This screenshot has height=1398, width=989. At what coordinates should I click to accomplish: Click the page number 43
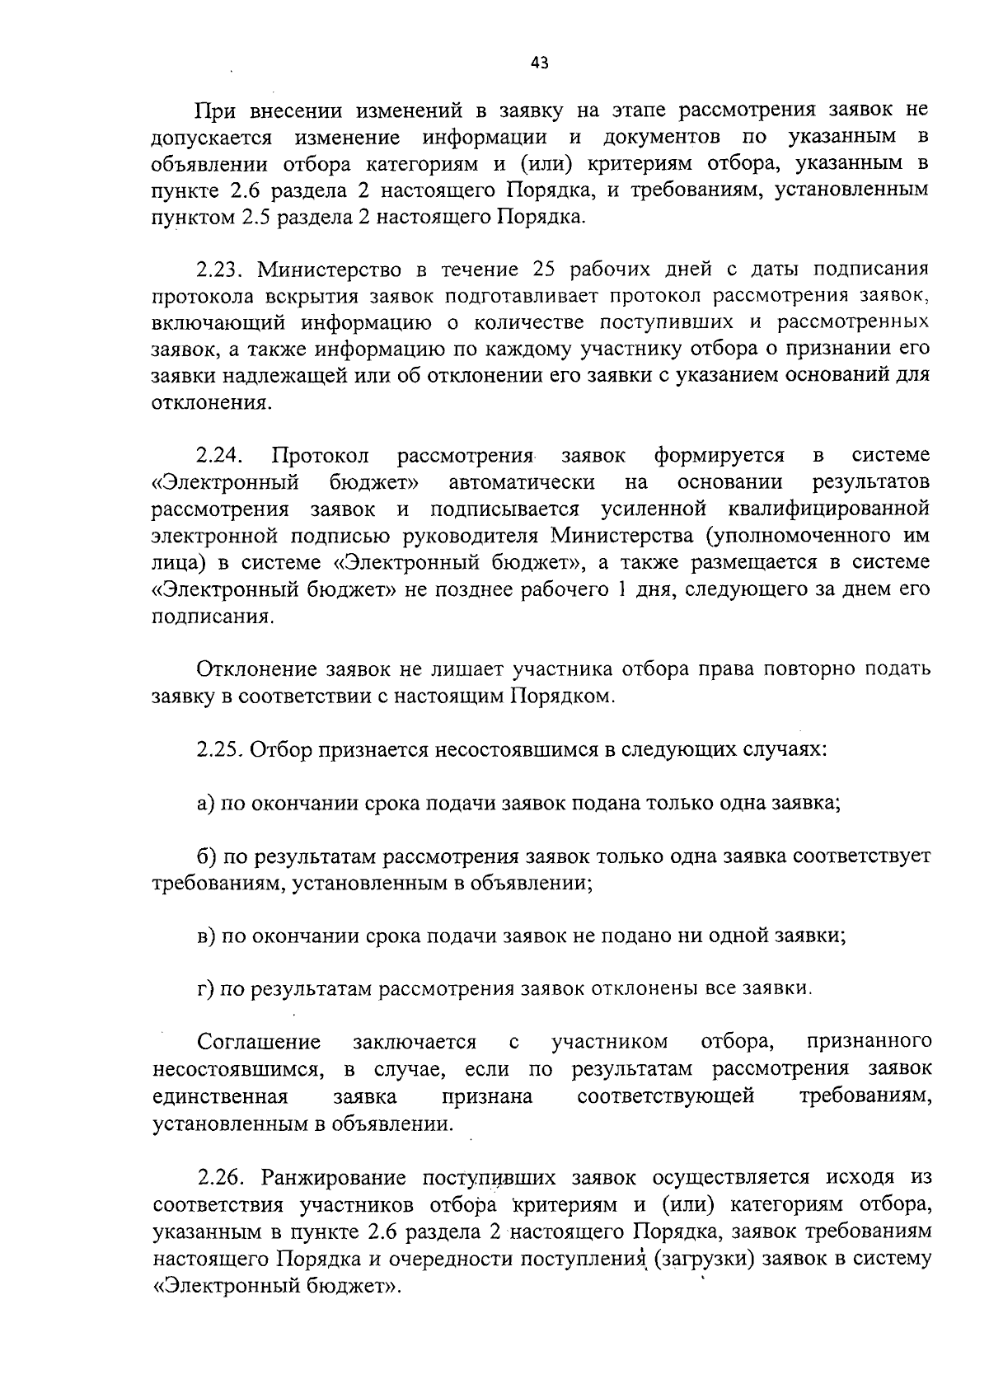(x=540, y=63)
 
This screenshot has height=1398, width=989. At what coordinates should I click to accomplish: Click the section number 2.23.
(x=218, y=270)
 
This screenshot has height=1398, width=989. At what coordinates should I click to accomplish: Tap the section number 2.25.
(x=218, y=750)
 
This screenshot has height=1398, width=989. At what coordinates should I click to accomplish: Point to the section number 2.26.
(x=218, y=1178)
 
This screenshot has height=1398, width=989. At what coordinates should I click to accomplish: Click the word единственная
(x=220, y=1097)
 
